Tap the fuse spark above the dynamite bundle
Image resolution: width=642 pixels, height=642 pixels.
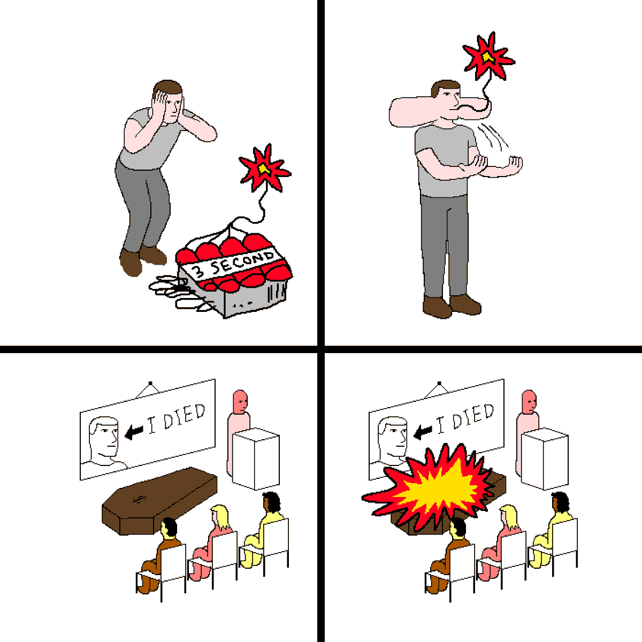[265, 168]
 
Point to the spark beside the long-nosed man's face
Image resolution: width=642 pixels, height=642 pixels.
[488, 57]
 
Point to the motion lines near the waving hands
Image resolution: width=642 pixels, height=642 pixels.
[493, 135]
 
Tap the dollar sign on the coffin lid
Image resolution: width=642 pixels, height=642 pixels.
[139, 499]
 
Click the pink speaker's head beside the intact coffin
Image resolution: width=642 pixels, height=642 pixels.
[240, 401]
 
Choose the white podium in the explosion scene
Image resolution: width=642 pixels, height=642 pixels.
[545, 458]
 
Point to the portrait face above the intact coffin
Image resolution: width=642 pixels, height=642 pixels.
[104, 437]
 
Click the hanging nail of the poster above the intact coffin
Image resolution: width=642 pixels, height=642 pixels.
[150, 383]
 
